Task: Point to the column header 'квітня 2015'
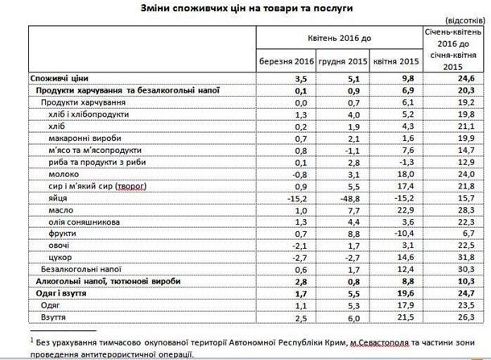click(391, 61)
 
